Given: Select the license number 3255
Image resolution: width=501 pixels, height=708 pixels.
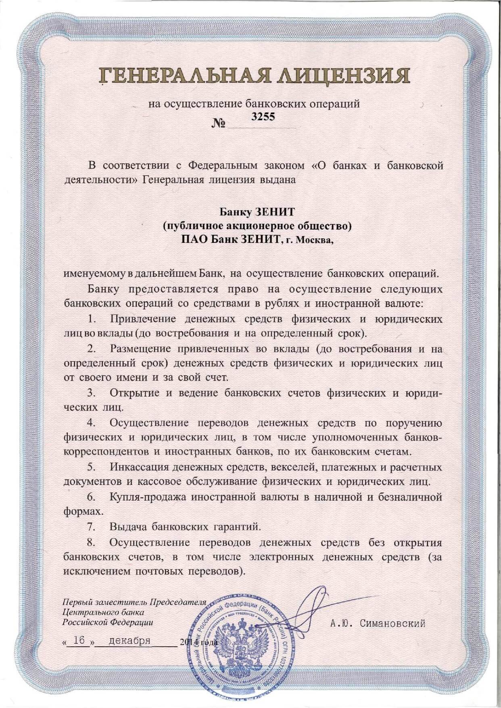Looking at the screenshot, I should click(x=263, y=117).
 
